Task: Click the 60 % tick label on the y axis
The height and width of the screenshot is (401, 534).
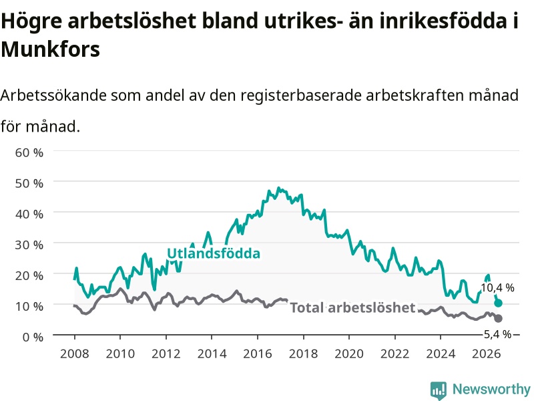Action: pos(29,152)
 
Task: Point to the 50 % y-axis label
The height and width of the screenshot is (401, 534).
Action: pos(29,183)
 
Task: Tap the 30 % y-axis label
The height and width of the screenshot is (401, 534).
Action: pos(29,245)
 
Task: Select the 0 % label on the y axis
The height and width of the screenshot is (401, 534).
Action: pos(33,337)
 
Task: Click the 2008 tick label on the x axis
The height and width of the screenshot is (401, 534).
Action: pos(75,354)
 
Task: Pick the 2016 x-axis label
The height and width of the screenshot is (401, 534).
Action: pos(258,354)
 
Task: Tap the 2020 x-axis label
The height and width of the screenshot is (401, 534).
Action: pos(349,354)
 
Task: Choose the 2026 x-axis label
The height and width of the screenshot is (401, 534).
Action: pos(487,354)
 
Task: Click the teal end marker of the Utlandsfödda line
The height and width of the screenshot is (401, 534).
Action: pos(498,303)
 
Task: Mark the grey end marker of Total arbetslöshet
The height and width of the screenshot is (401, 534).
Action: pos(498,318)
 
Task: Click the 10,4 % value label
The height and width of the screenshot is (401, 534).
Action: pos(497,288)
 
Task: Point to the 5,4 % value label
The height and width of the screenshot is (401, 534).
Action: pos(497,334)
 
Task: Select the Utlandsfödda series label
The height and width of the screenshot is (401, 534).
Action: pos(214,253)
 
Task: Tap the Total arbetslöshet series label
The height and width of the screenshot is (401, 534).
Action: pos(353,307)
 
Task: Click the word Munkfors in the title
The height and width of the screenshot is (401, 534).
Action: pos(51,49)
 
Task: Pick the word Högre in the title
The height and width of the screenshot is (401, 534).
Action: pos(31,21)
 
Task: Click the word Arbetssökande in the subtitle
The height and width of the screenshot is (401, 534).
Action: pos(53,95)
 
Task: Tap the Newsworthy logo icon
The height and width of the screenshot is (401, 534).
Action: pos(439,390)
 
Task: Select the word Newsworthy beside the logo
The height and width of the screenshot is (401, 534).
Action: pos(491,389)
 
